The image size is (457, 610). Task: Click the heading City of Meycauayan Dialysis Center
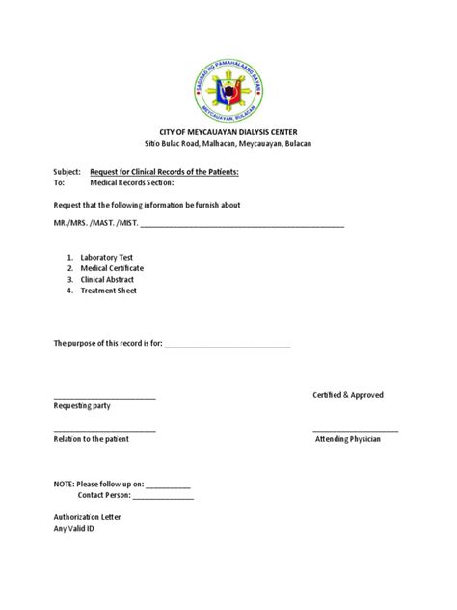(228, 130)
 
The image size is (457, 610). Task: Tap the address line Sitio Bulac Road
(228, 143)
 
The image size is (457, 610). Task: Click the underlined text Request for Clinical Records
(164, 169)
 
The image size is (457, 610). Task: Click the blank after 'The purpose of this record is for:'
(228, 344)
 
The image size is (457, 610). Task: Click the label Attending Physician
(348, 439)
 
